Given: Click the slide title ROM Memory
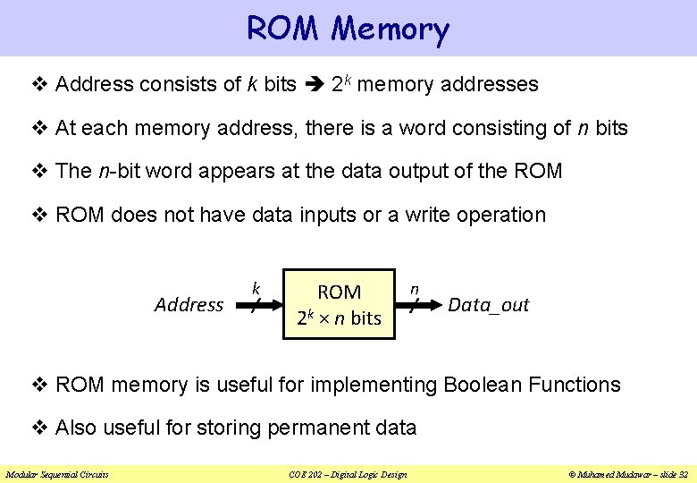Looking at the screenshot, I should point(348,29).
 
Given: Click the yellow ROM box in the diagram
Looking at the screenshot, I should point(339,304).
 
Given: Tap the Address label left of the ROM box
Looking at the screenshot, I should point(189,305).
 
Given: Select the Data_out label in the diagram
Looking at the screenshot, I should point(488,305).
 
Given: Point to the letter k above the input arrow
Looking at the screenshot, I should point(256,289).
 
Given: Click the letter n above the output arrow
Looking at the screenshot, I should point(415,289).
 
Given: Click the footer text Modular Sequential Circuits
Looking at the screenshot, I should point(57,474).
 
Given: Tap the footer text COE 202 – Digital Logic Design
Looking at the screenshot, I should point(348,474).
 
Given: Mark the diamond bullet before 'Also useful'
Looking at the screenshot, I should point(39,428).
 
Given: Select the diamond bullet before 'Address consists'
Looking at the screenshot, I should point(39,85).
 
